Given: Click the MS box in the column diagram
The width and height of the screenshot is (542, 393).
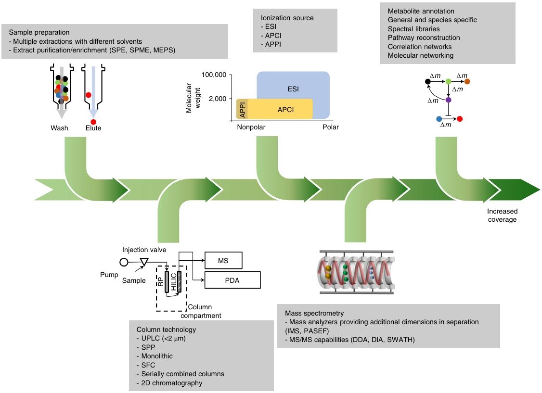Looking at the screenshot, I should [x=223, y=260].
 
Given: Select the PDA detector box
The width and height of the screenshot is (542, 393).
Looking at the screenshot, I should [x=232, y=279].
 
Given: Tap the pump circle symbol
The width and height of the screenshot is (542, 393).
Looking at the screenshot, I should [x=124, y=262].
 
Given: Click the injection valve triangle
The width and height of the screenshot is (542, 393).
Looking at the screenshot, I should [x=144, y=262].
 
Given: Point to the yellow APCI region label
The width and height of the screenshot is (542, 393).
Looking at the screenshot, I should [x=286, y=110].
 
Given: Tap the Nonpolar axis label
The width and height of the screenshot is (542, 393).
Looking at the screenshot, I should [x=251, y=127].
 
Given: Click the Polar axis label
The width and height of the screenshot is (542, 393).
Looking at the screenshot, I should [x=331, y=127].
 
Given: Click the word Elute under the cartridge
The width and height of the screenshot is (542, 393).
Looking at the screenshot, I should [x=93, y=128].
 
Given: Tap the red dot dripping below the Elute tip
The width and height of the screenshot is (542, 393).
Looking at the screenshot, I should [x=93, y=122].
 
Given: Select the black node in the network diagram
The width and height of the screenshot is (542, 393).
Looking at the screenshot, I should [x=428, y=82].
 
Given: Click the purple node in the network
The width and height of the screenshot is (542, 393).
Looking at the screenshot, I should [x=449, y=100].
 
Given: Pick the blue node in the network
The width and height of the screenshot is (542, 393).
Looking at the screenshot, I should [x=439, y=118].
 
